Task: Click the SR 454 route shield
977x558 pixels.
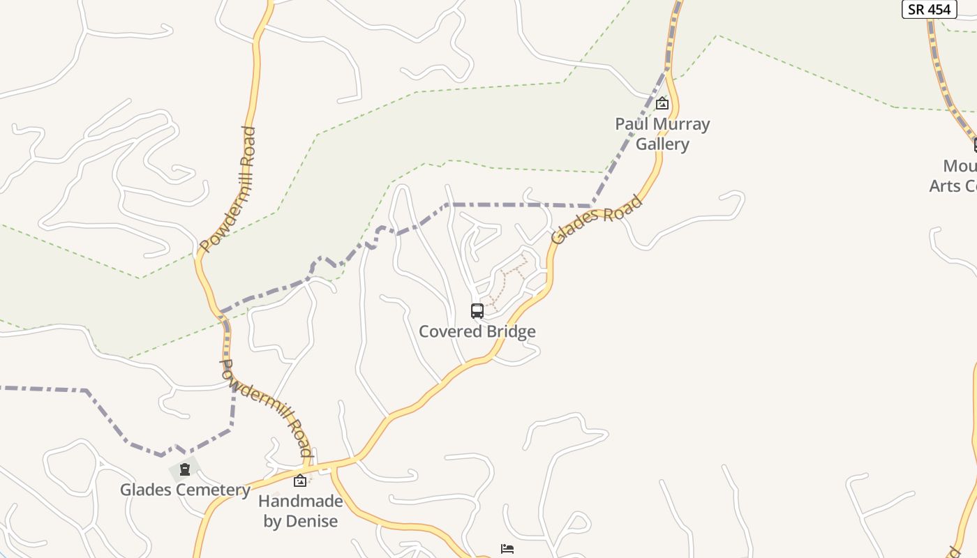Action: tap(929, 9)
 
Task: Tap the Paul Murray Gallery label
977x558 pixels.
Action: tap(662, 134)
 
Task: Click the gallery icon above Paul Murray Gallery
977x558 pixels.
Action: tap(662, 104)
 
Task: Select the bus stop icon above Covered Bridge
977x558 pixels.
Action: tap(477, 311)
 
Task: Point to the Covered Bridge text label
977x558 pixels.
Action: tap(477, 331)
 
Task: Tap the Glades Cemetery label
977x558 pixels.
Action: tap(185, 490)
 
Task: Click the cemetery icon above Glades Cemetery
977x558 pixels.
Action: tap(185, 469)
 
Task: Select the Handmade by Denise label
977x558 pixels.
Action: tap(301, 511)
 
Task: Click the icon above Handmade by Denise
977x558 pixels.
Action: tap(300, 480)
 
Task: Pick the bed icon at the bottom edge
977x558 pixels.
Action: tap(507, 549)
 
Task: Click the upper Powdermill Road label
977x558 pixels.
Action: tap(228, 189)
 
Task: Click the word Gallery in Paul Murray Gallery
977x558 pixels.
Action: tap(662, 144)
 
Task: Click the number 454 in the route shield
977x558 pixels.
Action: tap(939, 9)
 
